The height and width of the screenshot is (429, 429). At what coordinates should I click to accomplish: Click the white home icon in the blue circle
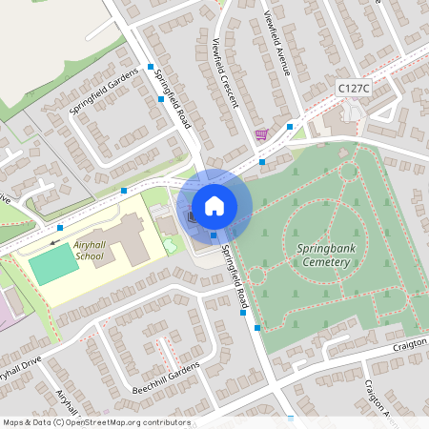(x=214, y=205)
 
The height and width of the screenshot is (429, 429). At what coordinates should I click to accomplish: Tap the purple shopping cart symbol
(x=261, y=135)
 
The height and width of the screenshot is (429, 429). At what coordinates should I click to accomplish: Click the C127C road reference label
(x=354, y=87)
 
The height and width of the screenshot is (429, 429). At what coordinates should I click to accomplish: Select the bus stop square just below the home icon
(x=214, y=235)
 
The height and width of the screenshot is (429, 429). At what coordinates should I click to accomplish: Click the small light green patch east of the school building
(x=170, y=245)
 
